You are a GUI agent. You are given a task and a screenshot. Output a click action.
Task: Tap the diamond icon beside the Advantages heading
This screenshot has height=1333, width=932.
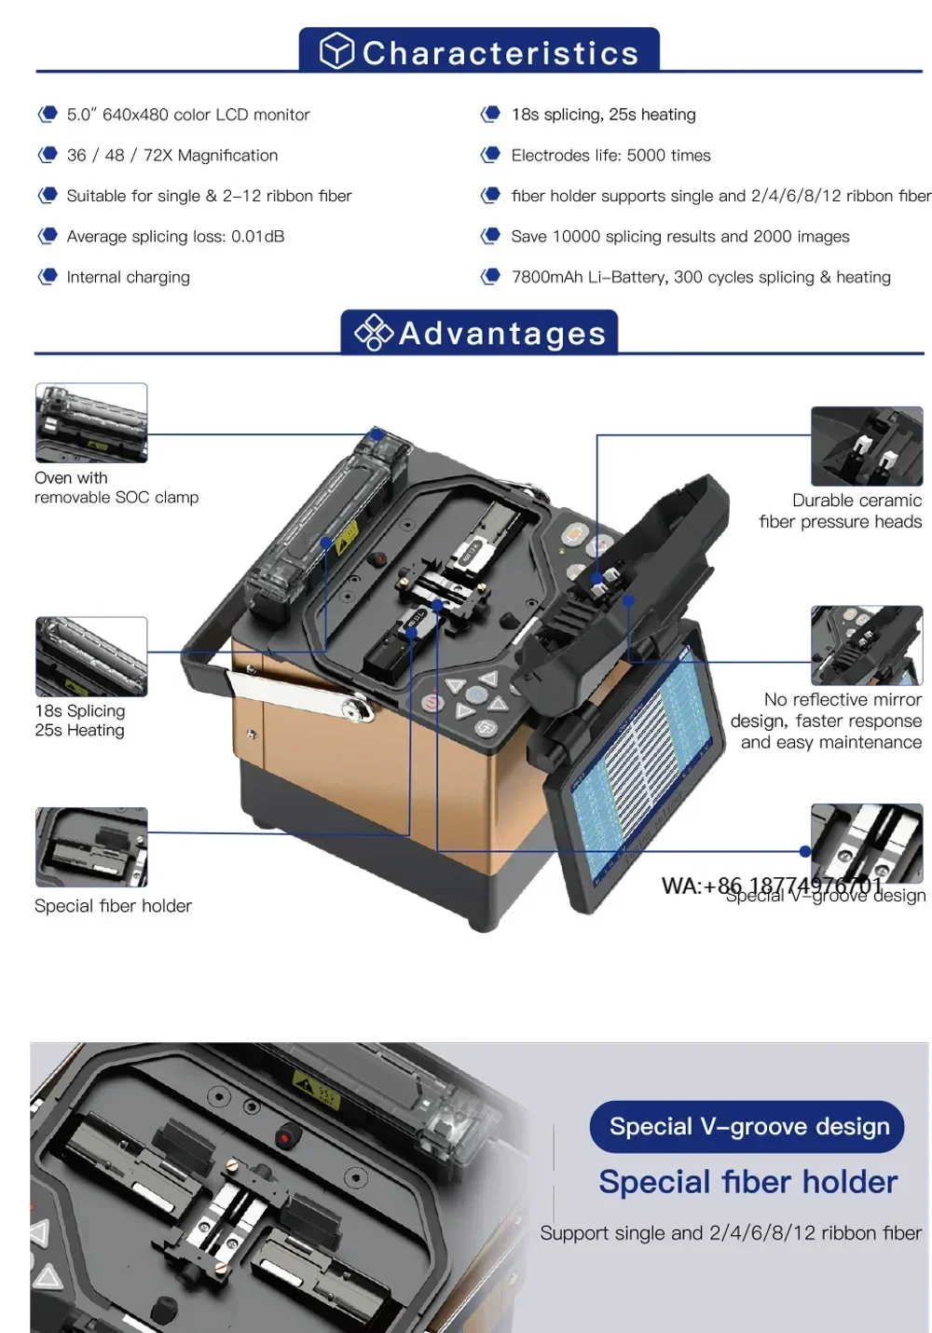pos(374,333)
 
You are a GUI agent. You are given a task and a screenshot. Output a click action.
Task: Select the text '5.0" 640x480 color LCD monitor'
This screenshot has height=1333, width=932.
pos(187,115)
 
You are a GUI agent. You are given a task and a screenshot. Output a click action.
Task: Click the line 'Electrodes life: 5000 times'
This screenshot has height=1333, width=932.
pos(610,156)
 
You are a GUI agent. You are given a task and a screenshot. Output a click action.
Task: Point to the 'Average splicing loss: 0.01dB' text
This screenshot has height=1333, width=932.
pos(175,237)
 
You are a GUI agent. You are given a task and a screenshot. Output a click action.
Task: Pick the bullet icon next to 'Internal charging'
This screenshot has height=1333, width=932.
pos(48,277)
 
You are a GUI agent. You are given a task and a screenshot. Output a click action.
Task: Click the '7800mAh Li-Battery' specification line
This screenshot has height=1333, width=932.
pos(700,277)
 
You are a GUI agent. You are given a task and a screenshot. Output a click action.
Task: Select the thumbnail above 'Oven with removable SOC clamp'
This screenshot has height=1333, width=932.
pos(91,422)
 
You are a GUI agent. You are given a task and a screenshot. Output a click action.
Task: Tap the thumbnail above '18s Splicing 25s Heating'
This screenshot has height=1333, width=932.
pos(91,656)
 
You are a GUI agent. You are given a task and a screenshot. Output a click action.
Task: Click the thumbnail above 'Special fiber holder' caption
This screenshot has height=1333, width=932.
pos(91,846)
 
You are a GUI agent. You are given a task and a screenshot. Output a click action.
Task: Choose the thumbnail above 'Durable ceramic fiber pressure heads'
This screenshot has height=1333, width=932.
pos(867,446)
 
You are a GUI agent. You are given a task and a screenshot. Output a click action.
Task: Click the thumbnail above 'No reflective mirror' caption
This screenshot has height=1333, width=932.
pos(867,645)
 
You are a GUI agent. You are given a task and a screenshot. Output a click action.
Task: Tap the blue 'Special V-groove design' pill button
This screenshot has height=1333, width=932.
pos(748,1126)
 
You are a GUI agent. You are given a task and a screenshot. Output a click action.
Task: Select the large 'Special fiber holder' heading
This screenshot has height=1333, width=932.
pos(747,1182)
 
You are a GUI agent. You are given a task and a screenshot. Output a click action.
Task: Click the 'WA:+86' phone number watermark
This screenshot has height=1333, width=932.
pos(772,886)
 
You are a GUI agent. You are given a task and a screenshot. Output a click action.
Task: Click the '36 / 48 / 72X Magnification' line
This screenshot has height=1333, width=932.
pos(171,156)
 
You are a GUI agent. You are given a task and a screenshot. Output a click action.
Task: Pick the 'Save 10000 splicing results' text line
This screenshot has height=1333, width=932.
pos(679,237)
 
